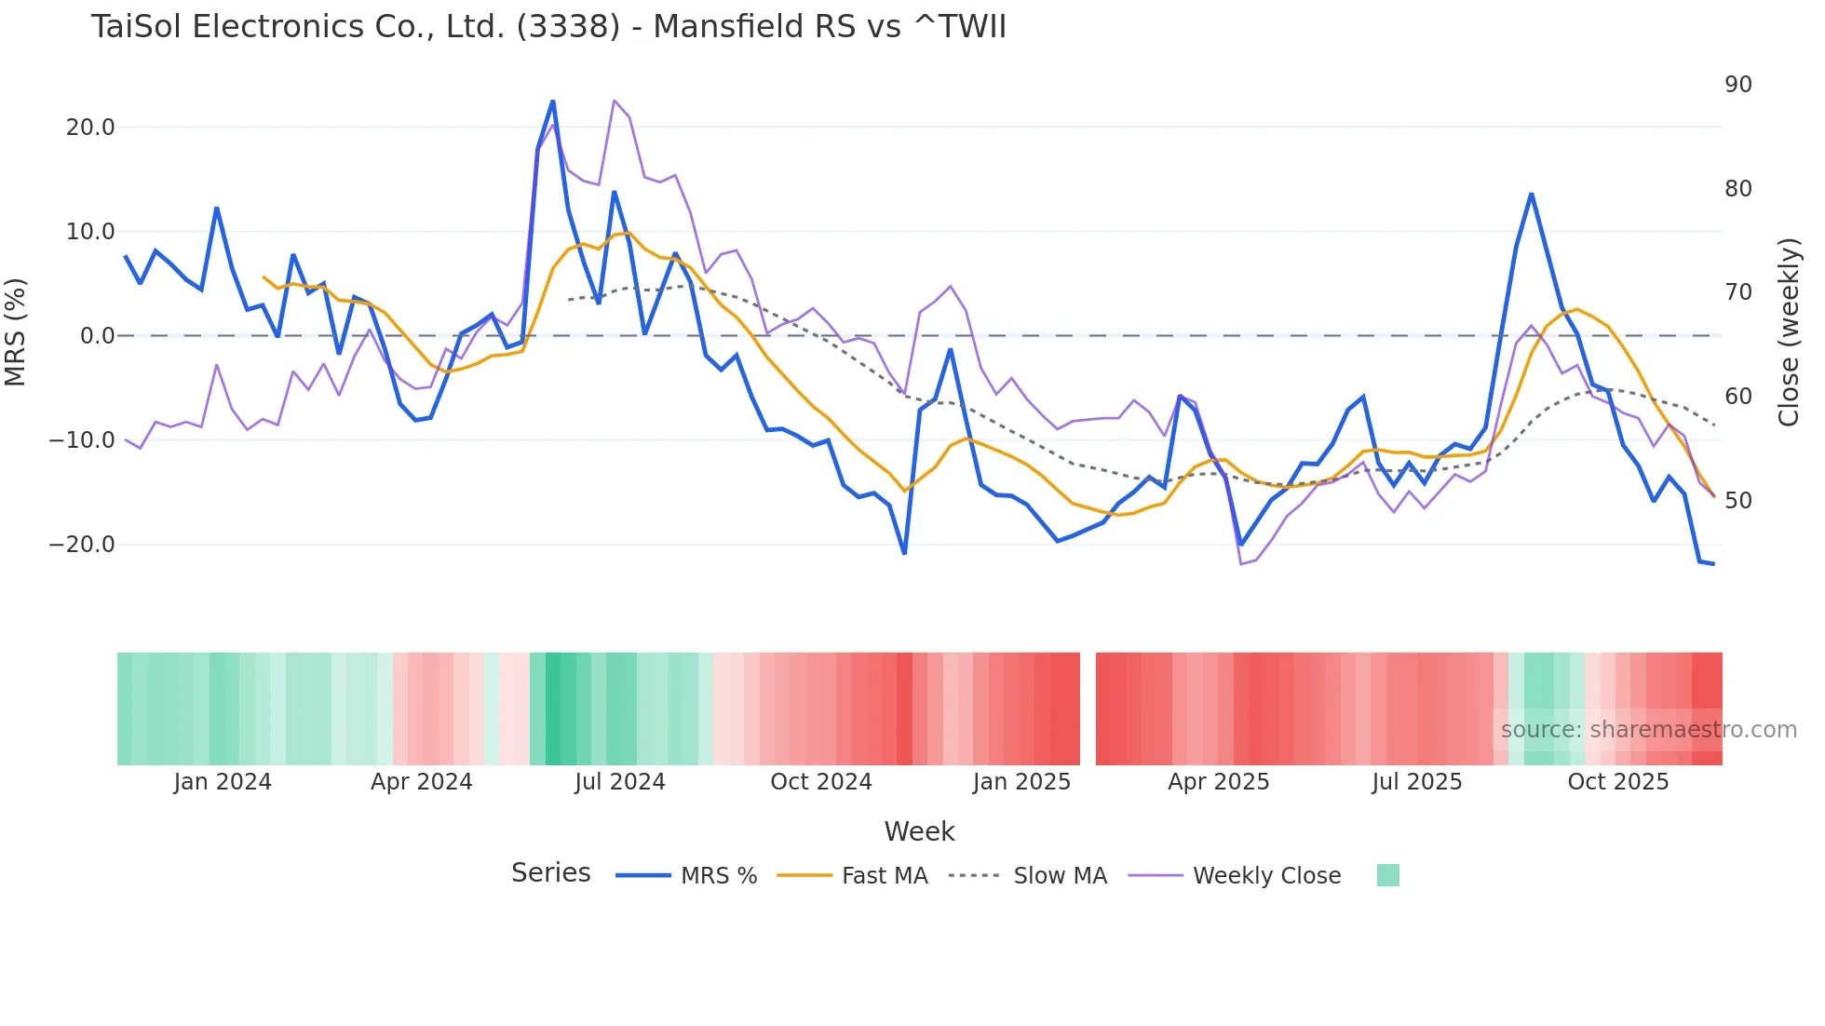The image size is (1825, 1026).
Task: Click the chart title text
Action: point(548,27)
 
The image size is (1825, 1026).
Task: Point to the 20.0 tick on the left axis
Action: point(90,128)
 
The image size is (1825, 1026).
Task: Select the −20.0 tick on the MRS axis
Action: point(82,545)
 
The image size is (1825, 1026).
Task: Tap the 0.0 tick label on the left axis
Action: point(98,336)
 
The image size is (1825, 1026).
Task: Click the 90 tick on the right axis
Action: point(1737,85)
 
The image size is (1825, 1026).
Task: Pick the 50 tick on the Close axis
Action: point(1737,501)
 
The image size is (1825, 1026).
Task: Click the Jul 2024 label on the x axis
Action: point(619,782)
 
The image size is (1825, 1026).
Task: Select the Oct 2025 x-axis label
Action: point(1617,782)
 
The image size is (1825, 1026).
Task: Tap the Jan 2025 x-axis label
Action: point(1021,782)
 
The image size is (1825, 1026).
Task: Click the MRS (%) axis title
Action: point(16,331)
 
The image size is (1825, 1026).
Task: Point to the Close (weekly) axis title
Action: point(1788,332)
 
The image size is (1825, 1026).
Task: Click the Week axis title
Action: point(919,831)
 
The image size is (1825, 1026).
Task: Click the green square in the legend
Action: point(1387,875)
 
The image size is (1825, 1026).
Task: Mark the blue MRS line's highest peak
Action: point(552,101)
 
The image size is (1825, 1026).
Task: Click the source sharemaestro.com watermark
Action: point(1648,730)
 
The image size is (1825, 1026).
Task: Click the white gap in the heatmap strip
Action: point(1088,709)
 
